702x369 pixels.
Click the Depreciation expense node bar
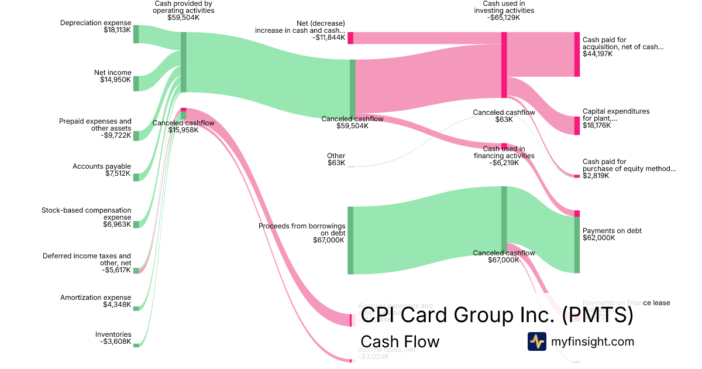coord(136,34)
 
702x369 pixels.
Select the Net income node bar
coord(136,83)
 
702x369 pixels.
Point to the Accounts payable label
coord(102,166)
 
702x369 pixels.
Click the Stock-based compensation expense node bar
coord(136,224)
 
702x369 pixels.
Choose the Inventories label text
coord(113,334)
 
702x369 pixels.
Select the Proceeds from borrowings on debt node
coord(350,240)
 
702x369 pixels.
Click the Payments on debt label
coord(612,231)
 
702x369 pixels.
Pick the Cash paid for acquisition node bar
coord(577,54)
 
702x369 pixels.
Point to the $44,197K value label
coord(597,54)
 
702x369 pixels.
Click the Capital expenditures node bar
coord(577,125)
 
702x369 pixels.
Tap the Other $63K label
coord(336,159)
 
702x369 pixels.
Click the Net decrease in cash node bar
coord(350,38)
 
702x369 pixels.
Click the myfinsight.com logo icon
coord(536,341)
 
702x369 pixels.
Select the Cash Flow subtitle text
coord(400,341)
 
